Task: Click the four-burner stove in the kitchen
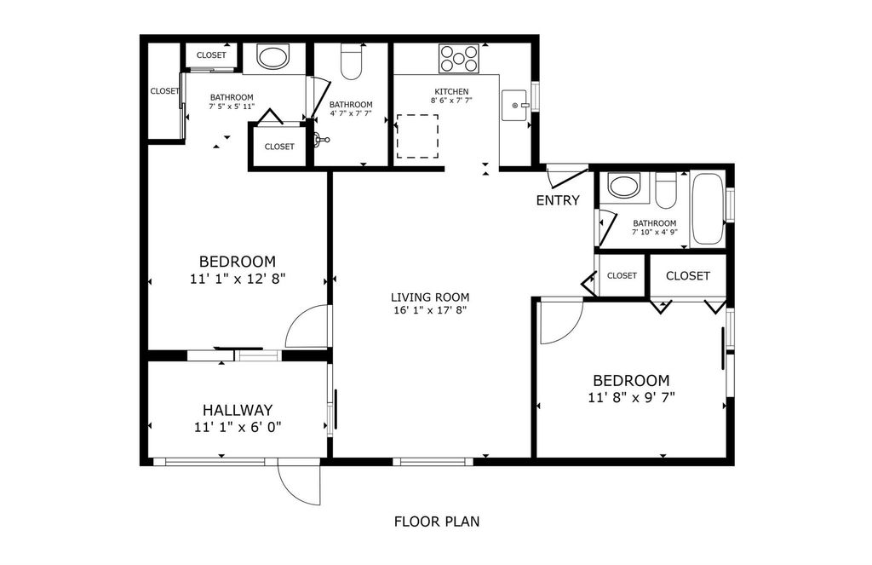tap(458, 59)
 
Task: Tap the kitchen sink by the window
tap(515, 106)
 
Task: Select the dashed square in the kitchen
tap(417, 136)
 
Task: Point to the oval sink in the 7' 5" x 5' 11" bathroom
tap(272, 58)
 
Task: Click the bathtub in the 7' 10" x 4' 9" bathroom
tap(707, 209)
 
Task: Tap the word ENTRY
tap(558, 201)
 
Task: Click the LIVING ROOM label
tap(430, 297)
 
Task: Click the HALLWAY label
tap(237, 410)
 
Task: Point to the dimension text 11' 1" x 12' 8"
tap(237, 278)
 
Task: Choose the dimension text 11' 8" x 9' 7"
tap(631, 397)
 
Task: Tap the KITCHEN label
tap(451, 91)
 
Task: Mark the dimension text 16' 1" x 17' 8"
tap(430, 310)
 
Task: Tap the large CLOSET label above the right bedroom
tap(687, 276)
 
